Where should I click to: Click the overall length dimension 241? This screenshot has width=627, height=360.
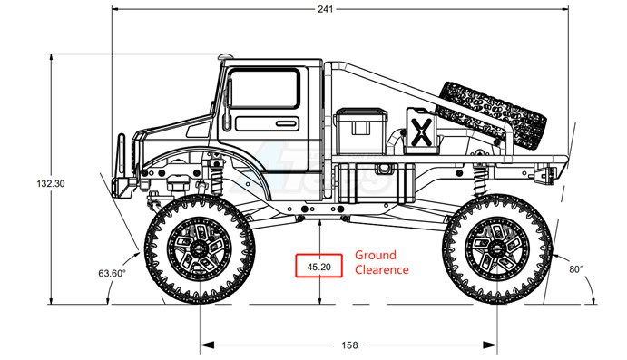pyautogui.click(x=326, y=9)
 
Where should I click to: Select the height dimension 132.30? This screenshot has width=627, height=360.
pyautogui.click(x=51, y=184)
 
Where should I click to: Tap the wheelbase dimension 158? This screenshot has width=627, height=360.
pyautogui.click(x=349, y=345)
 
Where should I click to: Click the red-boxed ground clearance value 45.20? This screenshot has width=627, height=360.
pyautogui.click(x=318, y=266)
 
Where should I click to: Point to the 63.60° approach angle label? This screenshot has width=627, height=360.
pyautogui.click(x=112, y=273)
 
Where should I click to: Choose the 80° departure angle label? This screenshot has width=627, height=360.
pyautogui.click(x=576, y=269)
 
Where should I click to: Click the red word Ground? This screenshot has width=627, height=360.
pyautogui.click(x=376, y=256)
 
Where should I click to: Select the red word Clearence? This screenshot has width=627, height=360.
pyautogui.click(x=382, y=269)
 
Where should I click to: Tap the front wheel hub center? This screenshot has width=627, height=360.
pyautogui.click(x=199, y=248)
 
